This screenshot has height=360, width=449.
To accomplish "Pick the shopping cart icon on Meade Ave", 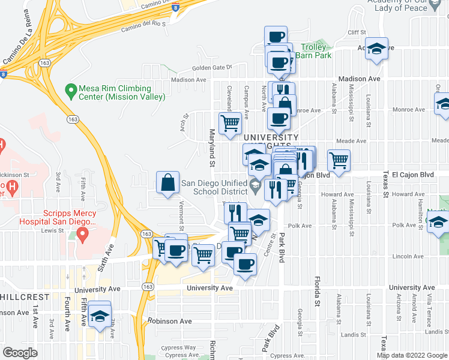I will [339, 160].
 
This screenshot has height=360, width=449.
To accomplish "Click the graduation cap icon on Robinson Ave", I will [100, 316].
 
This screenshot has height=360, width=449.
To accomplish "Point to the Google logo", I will [20, 353].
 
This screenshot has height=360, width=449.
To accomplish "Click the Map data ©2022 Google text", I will [412, 355].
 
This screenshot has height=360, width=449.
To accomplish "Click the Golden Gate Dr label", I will [212, 68].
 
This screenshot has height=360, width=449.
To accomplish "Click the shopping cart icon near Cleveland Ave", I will [231, 123].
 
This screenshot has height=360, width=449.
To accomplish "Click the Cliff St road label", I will [356, 32].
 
